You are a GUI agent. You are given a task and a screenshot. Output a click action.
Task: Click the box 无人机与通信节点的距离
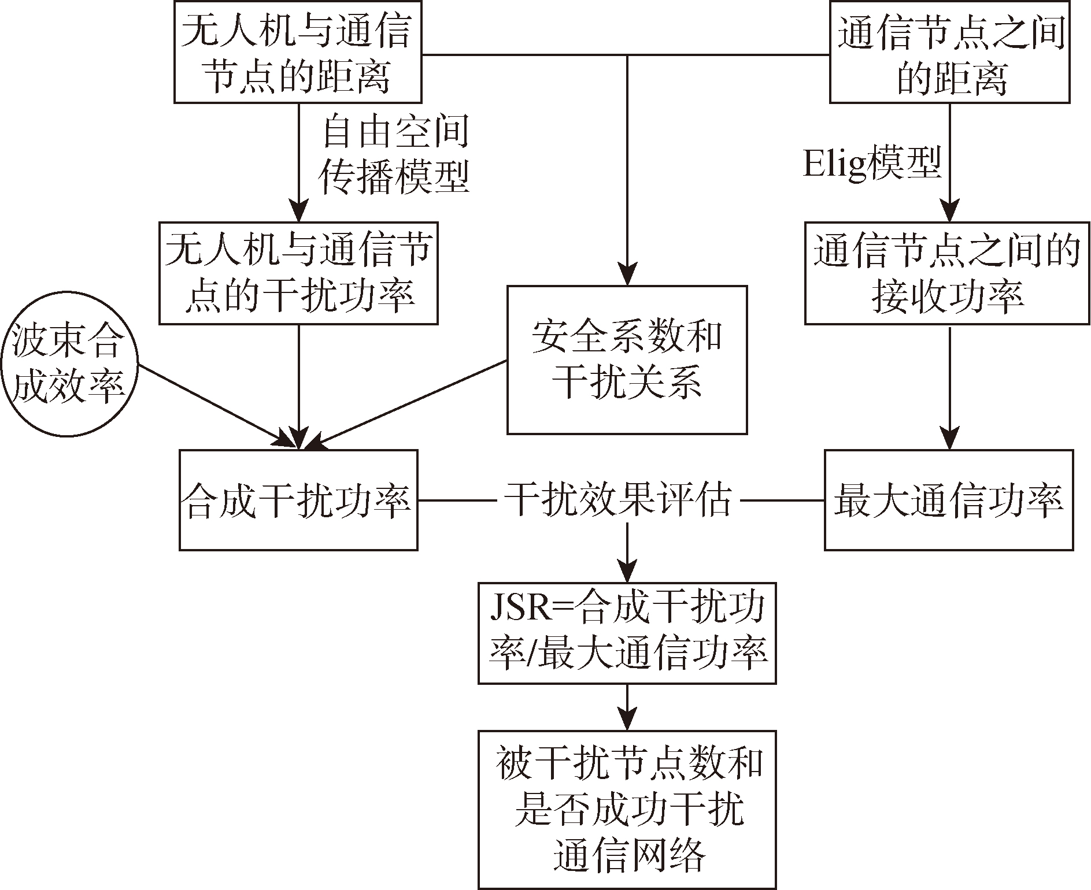tap(298, 52)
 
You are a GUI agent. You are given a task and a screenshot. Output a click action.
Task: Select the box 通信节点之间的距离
tap(949, 52)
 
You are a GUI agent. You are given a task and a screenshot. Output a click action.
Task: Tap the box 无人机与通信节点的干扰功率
tap(298, 273)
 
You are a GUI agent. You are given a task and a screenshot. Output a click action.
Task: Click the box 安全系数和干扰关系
tap(627, 359)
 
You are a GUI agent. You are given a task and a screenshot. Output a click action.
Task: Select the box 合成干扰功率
tap(298, 500)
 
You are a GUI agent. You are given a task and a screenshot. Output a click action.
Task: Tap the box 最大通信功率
tap(948, 500)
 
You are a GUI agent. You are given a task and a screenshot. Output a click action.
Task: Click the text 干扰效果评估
tap(619, 500)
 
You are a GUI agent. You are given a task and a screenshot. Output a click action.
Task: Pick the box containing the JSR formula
tap(627, 633)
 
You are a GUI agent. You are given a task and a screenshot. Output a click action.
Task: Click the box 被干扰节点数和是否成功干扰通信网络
tap(627, 809)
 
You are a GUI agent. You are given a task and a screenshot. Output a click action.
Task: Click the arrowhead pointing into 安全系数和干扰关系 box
tap(627, 275)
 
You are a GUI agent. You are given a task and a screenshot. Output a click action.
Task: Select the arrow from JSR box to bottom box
tap(627, 707)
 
